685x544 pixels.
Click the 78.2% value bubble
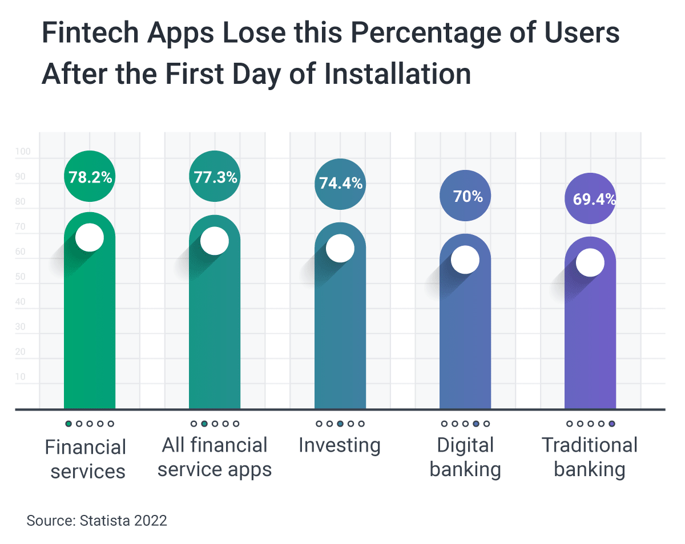(90, 177)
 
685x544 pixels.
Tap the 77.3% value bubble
(215, 177)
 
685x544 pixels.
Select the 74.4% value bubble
(340, 184)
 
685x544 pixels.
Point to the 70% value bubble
(465, 196)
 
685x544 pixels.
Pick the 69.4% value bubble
(590, 198)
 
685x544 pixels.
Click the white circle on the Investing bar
(340, 249)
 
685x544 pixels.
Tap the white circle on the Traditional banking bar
(590, 263)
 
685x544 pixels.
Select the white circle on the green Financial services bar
(90, 237)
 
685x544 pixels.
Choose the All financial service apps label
(215, 457)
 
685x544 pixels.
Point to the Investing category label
(340, 445)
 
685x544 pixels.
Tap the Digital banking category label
(465, 457)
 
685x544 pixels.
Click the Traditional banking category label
(590, 457)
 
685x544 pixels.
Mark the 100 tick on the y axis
(23, 152)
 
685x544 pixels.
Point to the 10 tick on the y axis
(21, 377)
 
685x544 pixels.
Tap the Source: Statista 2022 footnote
(97, 521)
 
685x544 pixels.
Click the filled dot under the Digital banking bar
(477, 424)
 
